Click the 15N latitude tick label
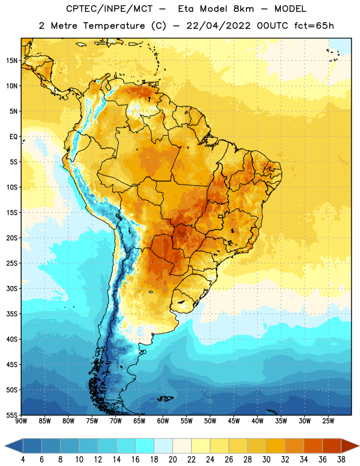coord(12,61)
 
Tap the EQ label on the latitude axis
coord(13,137)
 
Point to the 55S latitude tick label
coord(12,415)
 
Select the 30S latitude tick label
coord(12,288)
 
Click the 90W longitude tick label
coord(22,421)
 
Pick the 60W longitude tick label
coord(163,421)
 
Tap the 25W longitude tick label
coord(328,421)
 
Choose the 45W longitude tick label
coord(234,421)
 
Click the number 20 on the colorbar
coord(172,460)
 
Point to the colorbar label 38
coord(341,460)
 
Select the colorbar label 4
coord(23,460)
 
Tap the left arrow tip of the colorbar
coord(5,446)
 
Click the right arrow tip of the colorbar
coord(359,446)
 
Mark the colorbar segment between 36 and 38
coord(332,446)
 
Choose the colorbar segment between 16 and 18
coord(144,446)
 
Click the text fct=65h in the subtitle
coord(314,26)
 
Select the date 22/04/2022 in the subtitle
coord(218,26)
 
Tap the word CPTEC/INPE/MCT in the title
coord(109,9)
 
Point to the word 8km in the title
coord(243,9)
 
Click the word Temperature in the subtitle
coord(114,26)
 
